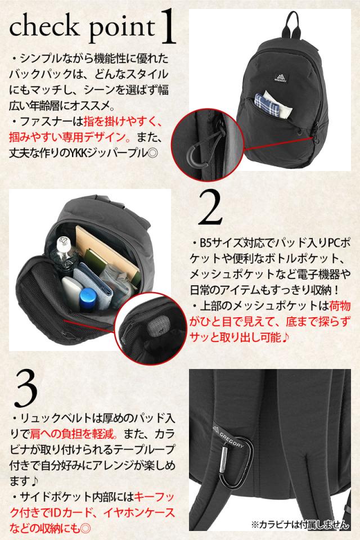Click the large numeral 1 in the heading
[168, 27]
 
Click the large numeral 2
[210, 208]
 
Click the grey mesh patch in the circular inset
[158, 326]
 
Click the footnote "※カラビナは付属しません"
[300, 525]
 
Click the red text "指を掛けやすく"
[123, 121]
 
